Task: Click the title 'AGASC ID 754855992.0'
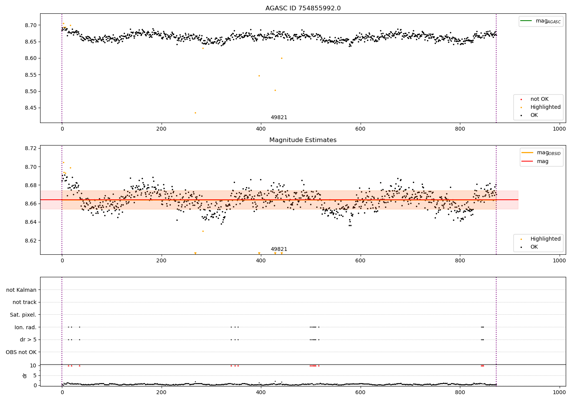(303, 8)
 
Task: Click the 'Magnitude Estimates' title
(303, 140)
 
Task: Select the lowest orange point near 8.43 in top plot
(195, 113)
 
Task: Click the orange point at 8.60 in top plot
(282, 58)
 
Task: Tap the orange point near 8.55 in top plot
(259, 76)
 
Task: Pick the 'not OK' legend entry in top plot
(539, 99)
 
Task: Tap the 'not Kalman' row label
(21, 290)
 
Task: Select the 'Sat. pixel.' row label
(23, 315)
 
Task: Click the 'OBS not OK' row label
(21, 352)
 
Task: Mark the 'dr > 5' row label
(28, 340)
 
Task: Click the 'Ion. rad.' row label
(26, 327)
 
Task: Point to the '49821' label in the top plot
(279, 118)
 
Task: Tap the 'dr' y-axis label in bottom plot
(25, 375)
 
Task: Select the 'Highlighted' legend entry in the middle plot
(545, 239)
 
